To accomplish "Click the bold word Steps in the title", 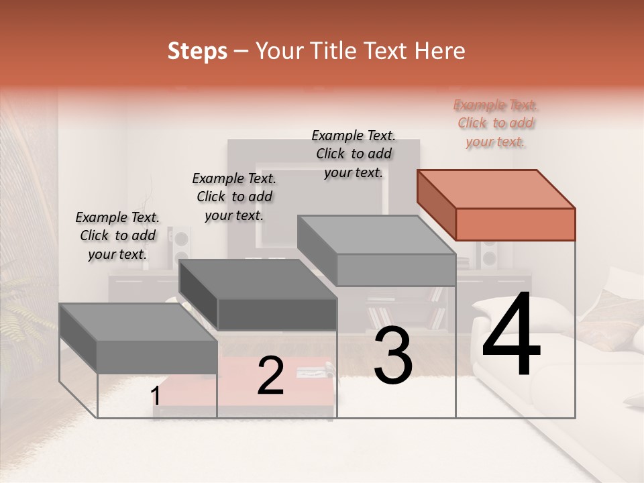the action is coord(197,51).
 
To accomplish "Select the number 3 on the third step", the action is coord(392,357).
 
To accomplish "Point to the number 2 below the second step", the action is coord(270,376).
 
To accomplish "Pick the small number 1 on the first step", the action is coord(156,396).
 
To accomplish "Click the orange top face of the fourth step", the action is coord(495,189).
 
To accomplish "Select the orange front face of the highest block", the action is coord(515,224).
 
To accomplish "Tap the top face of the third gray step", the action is coord(376,235).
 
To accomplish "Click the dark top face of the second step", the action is coord(258,279).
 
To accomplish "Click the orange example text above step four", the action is coord(495,123).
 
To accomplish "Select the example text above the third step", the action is coord(354,154).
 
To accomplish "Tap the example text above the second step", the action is coord(234,197).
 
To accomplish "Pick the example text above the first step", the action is coord(117,235).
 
